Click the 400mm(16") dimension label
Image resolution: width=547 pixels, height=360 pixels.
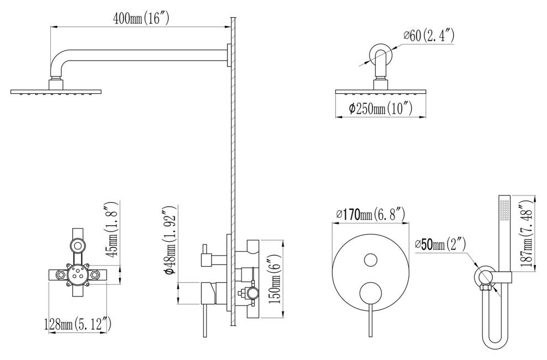point(140,19)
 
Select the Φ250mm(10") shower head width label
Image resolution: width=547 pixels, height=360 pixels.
point(381,109)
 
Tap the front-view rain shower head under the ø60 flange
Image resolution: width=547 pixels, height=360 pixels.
point(381,92)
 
